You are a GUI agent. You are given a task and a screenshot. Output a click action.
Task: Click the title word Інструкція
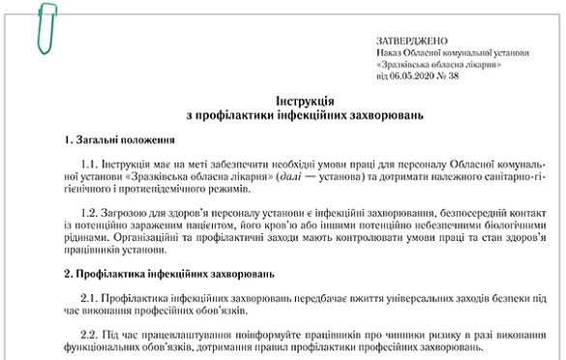pyautogui.click(x=281, y=100)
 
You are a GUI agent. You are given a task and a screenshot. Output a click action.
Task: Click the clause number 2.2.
pyautogui.click(x=91, y=332)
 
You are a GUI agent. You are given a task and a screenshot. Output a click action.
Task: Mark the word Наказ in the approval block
pyautogui.click(x=388, y=52)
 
